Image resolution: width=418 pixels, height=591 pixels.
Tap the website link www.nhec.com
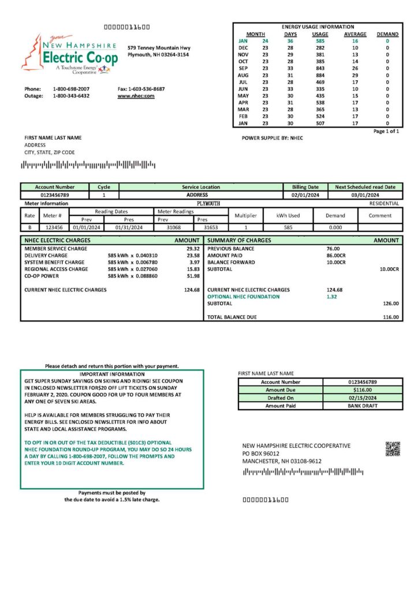(x=136, y=96)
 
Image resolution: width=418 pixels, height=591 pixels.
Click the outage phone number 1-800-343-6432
(x=71, y=96)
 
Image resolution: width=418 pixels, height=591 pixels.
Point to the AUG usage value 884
(x=320, y=76)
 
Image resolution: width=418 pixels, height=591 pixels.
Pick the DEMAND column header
(x=387, y=34)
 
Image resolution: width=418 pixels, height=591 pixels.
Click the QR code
(x=393, y=449)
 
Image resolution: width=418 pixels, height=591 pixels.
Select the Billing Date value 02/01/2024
(x=305, y=195)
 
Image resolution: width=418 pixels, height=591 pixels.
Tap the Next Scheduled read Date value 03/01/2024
(x=365, y=195)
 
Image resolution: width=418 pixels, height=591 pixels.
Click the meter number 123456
(x=54, y=227)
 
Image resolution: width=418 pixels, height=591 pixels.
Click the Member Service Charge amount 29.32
(x=193, y=248)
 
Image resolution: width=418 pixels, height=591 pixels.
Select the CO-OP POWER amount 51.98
(x=193, y=276)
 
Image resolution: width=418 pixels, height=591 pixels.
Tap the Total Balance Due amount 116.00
(x=390, y=317)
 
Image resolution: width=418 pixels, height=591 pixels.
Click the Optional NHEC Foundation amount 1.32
(x=331, y=297)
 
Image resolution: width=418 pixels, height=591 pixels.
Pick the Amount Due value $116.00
(x=363, y=390)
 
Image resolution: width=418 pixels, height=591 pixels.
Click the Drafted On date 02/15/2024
(x=363, y=398)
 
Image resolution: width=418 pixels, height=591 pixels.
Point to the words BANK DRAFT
(x=363, y=406)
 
